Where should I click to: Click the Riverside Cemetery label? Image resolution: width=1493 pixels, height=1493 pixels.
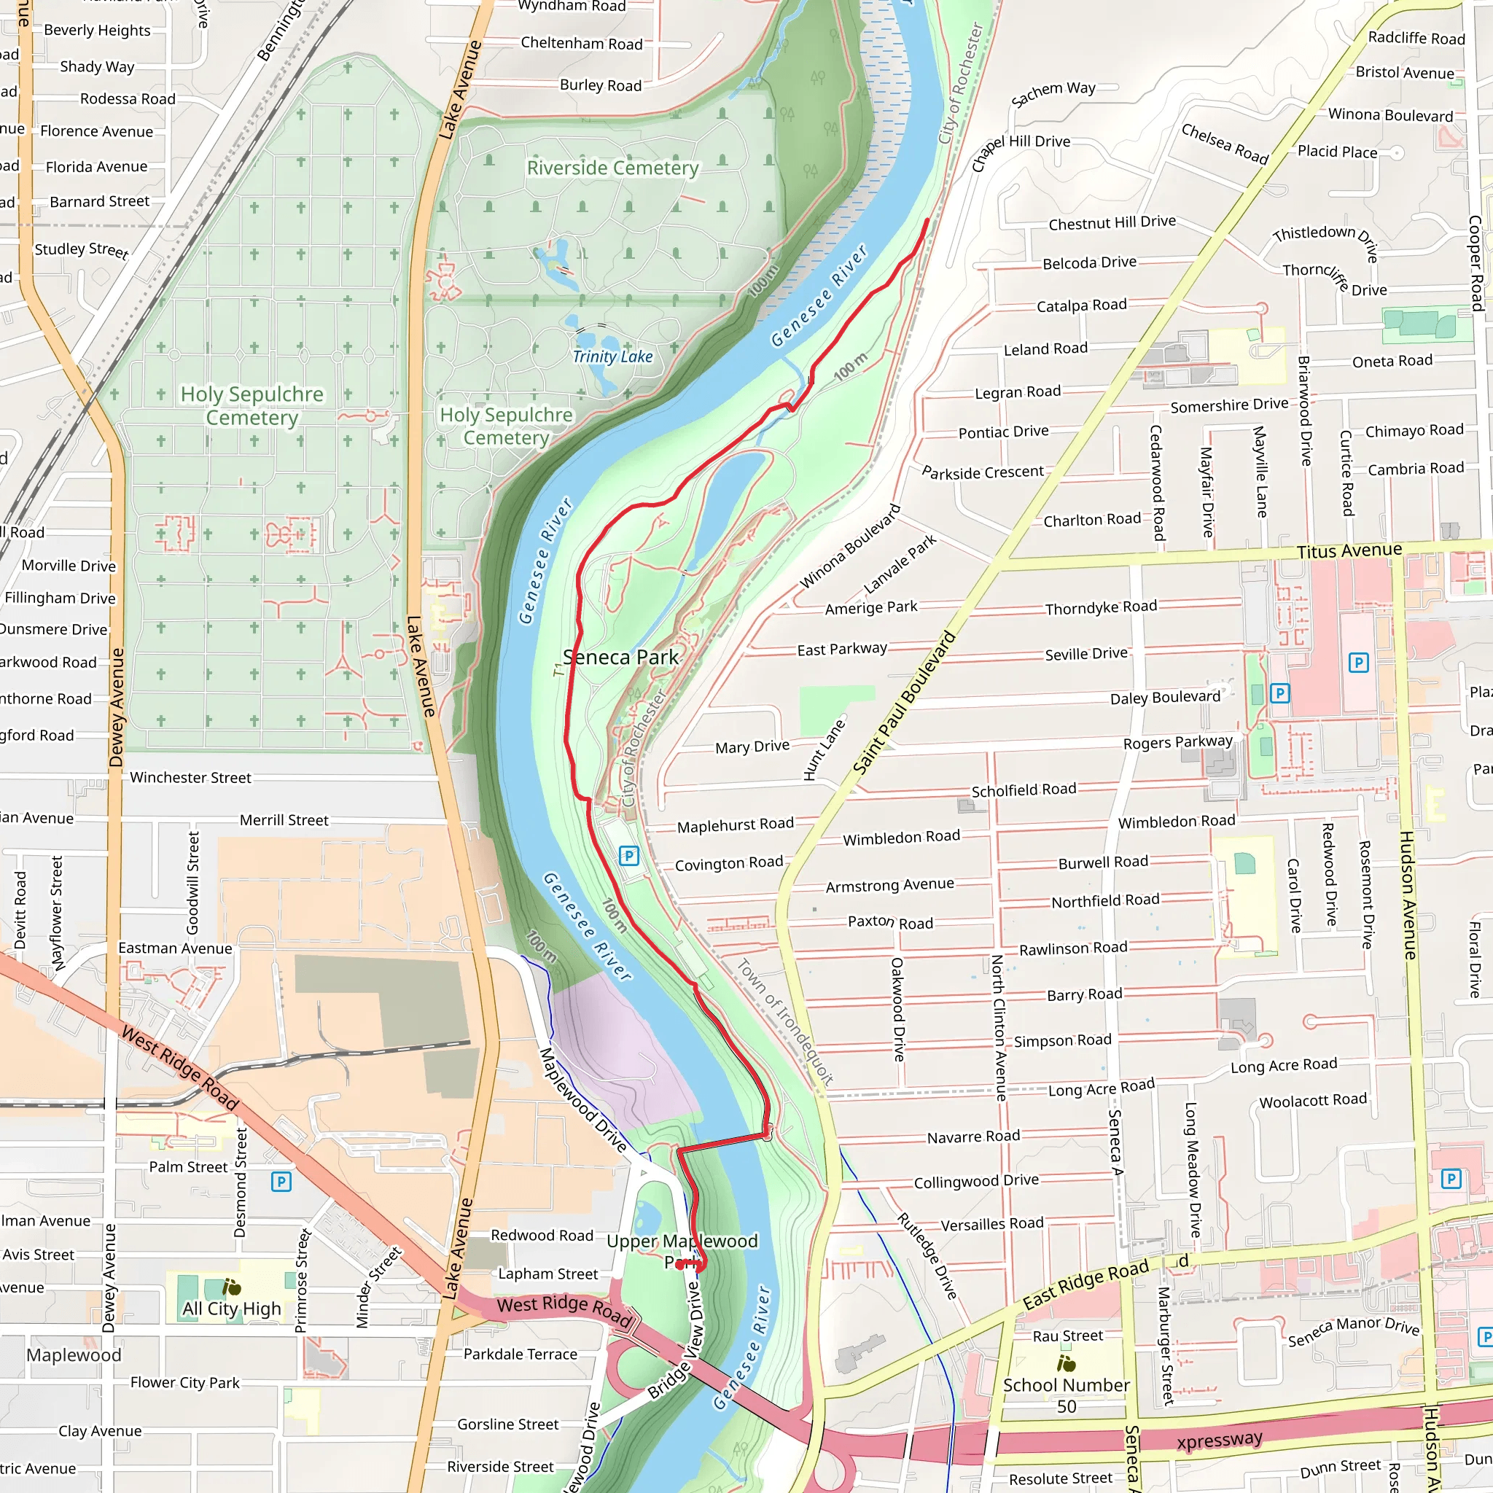coord(612,168)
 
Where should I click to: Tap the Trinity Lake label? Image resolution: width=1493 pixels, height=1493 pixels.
coord(612,356)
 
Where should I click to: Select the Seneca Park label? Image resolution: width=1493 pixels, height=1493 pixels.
coord(620,657)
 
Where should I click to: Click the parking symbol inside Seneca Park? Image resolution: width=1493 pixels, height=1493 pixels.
coord(629,855)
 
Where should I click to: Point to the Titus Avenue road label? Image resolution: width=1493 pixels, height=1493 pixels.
coord(1349,551)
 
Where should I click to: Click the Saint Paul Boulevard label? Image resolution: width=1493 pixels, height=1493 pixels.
coord(903,703)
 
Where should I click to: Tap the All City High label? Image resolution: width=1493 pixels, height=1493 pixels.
coord(231,1309)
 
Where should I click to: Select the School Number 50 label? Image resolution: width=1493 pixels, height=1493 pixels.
coord(1066,1395)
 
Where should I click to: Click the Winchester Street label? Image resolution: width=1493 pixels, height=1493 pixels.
coord(190,777)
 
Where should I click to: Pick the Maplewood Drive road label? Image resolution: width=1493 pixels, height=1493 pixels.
coord(582,1099)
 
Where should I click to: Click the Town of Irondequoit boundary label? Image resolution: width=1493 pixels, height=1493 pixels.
coord(784,1021)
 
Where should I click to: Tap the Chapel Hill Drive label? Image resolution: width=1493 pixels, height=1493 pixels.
coord(1020,152)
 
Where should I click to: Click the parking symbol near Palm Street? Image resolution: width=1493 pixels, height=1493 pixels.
coord(281,1182)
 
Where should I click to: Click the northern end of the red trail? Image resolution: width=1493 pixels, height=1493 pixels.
coord(927,221)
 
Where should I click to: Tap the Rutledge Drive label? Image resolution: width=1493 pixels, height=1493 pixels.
coord(927,1256)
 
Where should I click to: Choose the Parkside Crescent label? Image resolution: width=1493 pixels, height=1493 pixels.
coord(982,472)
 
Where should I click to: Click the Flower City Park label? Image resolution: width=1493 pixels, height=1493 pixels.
coord(184,1382)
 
